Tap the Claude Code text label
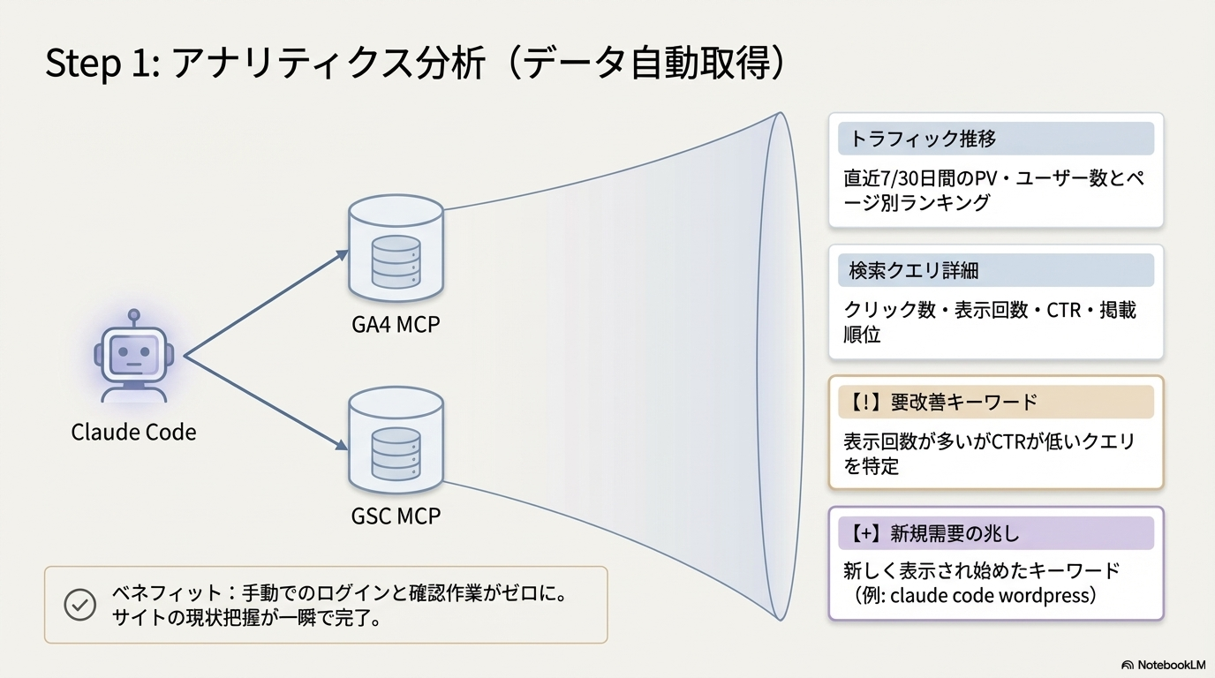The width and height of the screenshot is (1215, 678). (133, 433)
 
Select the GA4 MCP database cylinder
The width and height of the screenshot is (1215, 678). (395, 247)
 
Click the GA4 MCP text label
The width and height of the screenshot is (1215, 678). (395, 325)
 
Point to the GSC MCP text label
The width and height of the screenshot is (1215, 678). (395, 515)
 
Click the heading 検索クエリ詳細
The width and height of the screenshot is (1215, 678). (914, 270)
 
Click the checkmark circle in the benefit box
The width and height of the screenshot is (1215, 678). (80, 605)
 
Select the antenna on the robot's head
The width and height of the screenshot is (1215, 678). (133, 316)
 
